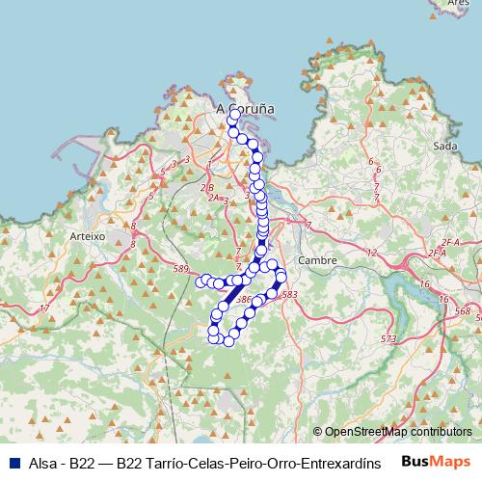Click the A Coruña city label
tap(246, 109)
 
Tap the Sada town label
tap(444, 146)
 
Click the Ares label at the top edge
tap(459, 4)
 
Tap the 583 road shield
tap(291, 293)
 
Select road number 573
tap(388, 338)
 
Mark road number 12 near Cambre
tap(371, 252)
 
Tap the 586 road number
tap(243, 300)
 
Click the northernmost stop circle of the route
tap(234, 115)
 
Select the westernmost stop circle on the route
tap(201, 281)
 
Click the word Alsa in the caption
tap(44, 462)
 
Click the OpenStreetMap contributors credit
tap(398, 432)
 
